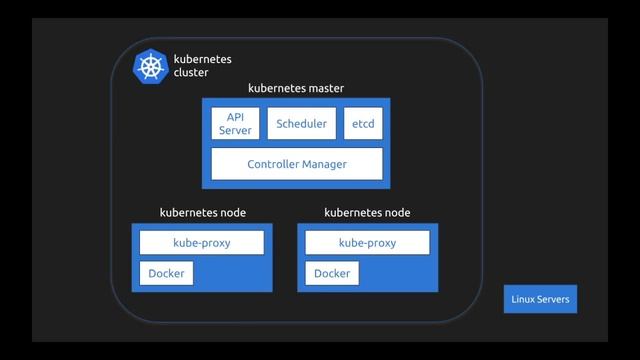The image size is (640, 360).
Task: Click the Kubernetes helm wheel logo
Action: coord(151,67)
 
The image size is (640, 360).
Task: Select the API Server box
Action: coord(235,124)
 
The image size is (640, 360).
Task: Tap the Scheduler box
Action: coord(301,124)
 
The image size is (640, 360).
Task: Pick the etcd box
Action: coord(362,124)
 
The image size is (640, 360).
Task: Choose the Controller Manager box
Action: coord(296,163)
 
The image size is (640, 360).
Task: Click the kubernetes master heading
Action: coord(296,88)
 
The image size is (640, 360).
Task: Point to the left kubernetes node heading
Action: coord(203,213)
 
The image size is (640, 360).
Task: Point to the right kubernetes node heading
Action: coord(368,213)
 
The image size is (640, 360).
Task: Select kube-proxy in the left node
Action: coord(202,243)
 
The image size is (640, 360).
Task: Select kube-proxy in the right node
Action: coord(367,243)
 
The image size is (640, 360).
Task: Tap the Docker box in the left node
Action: coord(166,273)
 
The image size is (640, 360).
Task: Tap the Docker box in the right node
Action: coord(332,273)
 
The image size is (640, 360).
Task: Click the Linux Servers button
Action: coord(540,298)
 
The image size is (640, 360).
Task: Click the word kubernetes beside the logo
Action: coord(202,60)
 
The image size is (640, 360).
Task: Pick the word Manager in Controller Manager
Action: coord(324,163)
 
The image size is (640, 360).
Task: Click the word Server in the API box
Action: coord(235,131)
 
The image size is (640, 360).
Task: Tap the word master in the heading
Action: coord(324,88)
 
